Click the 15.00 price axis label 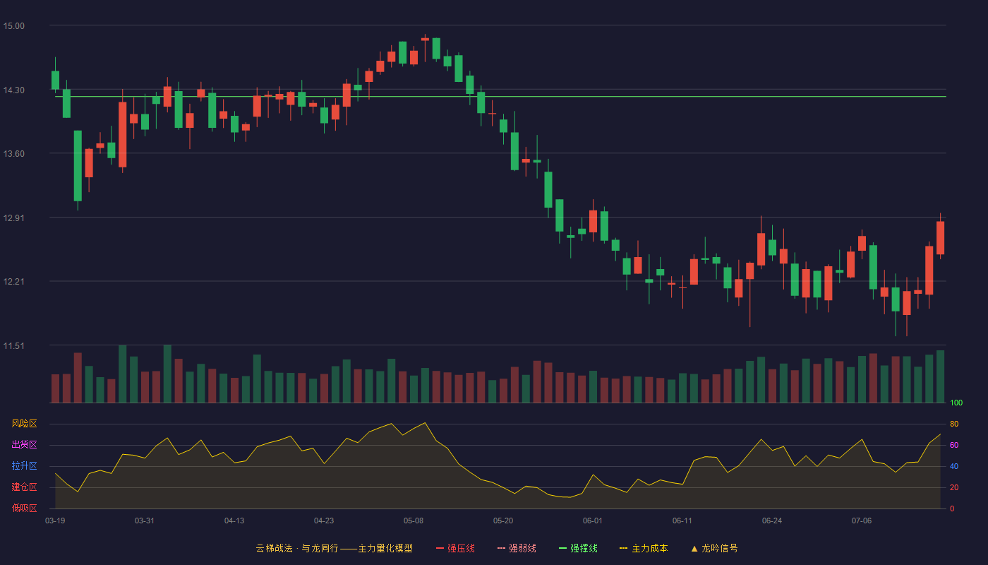(13, 26)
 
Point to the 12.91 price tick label (13, 218)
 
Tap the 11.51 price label (13, 346)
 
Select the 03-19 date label (55, 521)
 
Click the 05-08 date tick (414, 521)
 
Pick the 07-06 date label (862, 521)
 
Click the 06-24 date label (772, 521)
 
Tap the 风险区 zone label (24, 424)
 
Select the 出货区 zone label (24, 444)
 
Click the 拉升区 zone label (24, 465)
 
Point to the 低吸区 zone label (24, 508)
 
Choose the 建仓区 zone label (24, 487)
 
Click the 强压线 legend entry (455, 548)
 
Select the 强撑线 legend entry (578, 548)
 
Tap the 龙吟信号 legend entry (714, 548)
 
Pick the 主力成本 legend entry (644, 548)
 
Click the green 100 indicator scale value (956, 403)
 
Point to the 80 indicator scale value (954, 424)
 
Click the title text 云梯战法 (274, 548)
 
